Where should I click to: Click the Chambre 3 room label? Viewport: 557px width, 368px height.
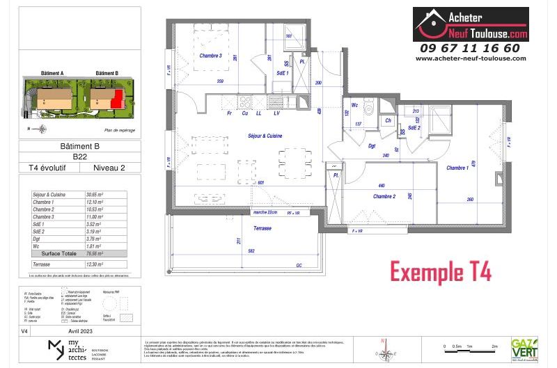pos(210,56)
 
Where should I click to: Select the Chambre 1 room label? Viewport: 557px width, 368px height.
pos(457,168)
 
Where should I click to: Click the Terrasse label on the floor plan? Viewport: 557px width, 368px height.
pos(243,227)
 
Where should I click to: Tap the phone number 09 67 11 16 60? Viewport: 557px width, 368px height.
pos(470,48)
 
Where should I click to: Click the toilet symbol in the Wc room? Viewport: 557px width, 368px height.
pos(370,109)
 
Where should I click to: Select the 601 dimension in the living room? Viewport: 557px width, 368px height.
pos(261,183)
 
